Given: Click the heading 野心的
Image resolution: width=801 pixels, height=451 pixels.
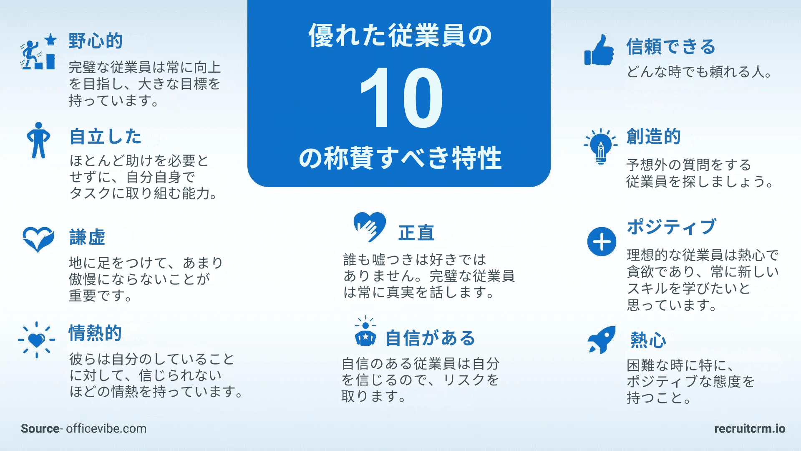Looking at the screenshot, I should [96, 41].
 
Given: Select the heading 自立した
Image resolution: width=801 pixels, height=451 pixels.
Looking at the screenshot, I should [105, 137].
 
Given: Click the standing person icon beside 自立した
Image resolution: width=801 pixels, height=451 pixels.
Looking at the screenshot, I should [38, 140].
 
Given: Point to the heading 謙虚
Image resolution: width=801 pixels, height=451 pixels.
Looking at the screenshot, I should [87, 237].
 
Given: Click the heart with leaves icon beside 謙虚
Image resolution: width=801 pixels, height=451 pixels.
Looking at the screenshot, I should [38, 239].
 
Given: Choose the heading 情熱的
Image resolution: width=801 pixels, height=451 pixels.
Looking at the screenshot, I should [95, 333].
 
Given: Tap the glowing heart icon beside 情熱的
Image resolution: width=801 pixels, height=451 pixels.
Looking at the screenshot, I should [37, 340].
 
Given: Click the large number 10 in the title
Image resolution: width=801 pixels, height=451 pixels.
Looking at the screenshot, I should [401, 99].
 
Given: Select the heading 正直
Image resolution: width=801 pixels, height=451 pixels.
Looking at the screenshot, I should [416, 233].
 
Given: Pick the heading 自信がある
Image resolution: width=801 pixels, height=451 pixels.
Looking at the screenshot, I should [430, 338].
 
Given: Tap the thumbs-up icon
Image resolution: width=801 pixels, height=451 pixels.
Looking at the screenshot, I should [599, 50].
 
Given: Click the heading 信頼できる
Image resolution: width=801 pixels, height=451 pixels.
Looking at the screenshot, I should [671, 46].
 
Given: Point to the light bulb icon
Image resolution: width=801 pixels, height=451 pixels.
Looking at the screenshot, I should [601, 146].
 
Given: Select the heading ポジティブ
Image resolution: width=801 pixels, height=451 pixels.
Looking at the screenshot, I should [672, 227].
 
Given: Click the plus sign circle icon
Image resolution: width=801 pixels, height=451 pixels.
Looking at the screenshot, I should [602, 242].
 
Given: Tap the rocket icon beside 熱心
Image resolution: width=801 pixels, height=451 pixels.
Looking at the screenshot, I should [602, 340].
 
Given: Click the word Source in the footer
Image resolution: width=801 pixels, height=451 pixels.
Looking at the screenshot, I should [40, 429].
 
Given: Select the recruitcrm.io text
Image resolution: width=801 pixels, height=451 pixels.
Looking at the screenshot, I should [750, 429].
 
